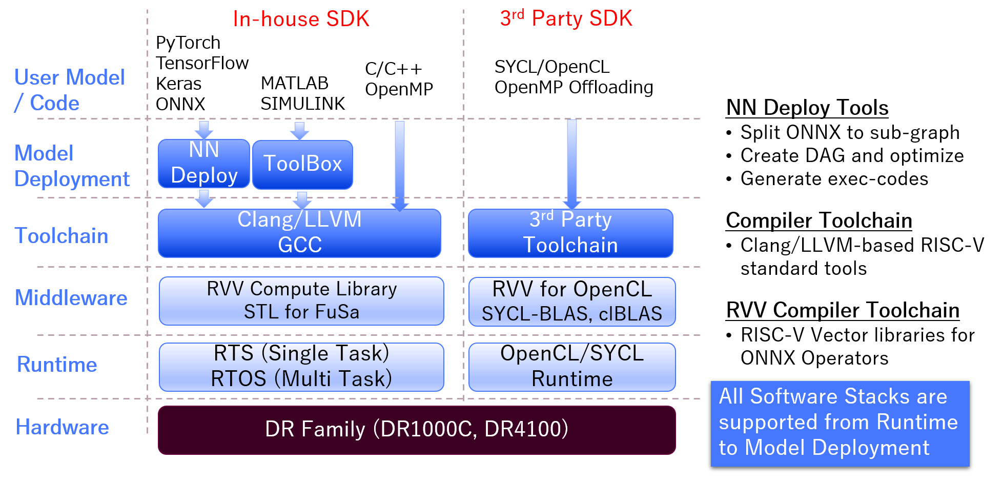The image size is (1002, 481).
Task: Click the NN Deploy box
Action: coord(203,163)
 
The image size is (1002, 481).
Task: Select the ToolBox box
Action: coord(302,164)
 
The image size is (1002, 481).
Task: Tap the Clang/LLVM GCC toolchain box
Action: coord(299,233)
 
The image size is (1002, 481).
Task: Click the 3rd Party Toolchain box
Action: coord(570,233)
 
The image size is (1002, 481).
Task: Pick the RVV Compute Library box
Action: coord(301,300)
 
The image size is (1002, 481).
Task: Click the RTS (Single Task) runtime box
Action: coord(301,367)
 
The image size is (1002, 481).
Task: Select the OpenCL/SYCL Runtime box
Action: coord(572,367)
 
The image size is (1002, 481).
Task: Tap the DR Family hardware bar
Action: coord(416,430)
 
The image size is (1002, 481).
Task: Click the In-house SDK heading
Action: coord(301,19)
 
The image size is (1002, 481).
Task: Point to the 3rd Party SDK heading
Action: coord(566,18)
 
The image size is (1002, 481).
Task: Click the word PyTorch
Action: coord(188,43)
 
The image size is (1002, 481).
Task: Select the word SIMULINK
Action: coord(302,104)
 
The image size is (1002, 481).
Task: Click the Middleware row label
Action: coord(71,298)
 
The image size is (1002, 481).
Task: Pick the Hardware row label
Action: coord(62,427)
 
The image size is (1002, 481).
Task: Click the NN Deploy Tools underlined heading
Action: coord(807,108)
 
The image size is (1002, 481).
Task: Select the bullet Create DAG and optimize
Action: coord(852,155)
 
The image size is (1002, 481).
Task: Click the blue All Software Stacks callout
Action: coord(840,423)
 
